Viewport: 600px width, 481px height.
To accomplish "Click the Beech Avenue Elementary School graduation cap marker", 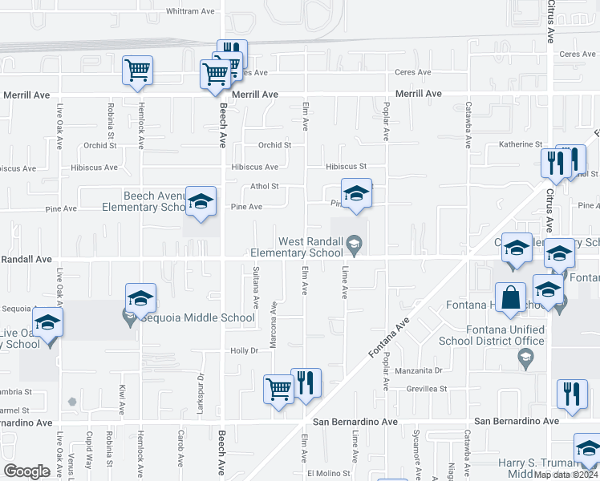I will tap(201, 202).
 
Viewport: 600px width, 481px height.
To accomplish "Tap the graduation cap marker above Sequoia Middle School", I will tap(140, 300).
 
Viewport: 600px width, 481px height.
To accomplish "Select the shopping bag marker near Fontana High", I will tap(510, 298).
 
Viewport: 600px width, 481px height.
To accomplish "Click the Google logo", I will tap(26, 471).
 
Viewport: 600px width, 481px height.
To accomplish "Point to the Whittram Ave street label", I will tap(190, 11).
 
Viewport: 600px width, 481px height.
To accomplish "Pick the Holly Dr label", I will tap(244, 350).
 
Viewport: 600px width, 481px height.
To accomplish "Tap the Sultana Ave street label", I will tap(256, 287).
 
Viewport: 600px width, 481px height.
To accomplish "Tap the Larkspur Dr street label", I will tap(200, 388).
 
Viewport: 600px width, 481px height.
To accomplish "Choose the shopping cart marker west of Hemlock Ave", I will tap(137, 71).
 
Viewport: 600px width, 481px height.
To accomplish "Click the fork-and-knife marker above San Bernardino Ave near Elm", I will tap(306, 383).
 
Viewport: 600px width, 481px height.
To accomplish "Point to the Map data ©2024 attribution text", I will tap(566, 475).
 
